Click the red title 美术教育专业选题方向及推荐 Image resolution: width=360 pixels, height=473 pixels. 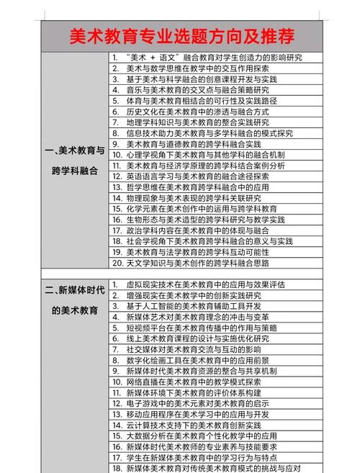[x=181, y=36]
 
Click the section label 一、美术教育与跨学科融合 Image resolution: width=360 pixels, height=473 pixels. [x=74, y=161]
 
